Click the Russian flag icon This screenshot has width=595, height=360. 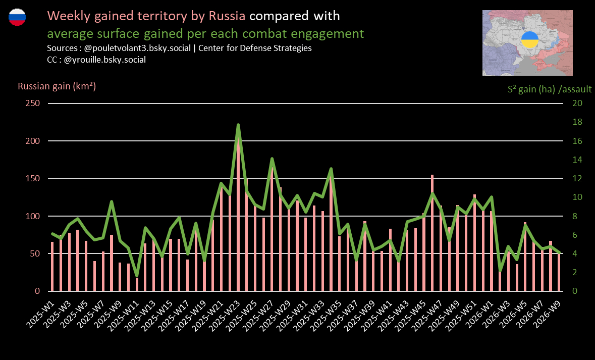tap(17, 17)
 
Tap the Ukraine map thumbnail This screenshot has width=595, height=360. tap(528, 43)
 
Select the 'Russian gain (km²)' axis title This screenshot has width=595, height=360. tap(57, 86)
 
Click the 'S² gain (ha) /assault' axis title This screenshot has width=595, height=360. tap(550, 89)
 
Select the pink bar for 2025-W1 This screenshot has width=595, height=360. tap(52, 267)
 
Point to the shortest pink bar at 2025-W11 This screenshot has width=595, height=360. tap(137, 284)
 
